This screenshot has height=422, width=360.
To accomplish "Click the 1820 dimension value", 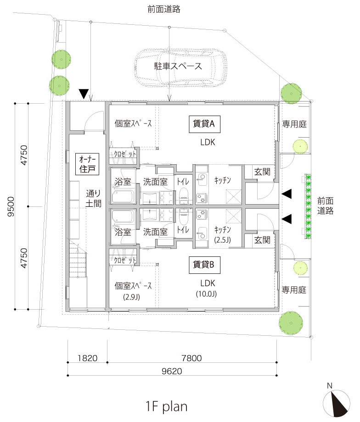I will [87, 357].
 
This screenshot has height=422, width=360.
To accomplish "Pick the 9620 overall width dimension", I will [172, 370].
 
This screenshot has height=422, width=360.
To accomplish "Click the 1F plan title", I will [166, 406].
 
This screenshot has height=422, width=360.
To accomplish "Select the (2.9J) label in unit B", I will [132, 296].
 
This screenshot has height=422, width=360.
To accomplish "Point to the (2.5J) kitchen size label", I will [222, 239].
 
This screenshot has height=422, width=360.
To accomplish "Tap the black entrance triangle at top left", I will [83, 94].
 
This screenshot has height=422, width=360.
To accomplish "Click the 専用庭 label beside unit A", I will [294, 123].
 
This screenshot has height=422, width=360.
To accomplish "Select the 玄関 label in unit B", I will [262, 239].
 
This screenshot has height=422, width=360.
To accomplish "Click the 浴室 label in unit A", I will [123, 182].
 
